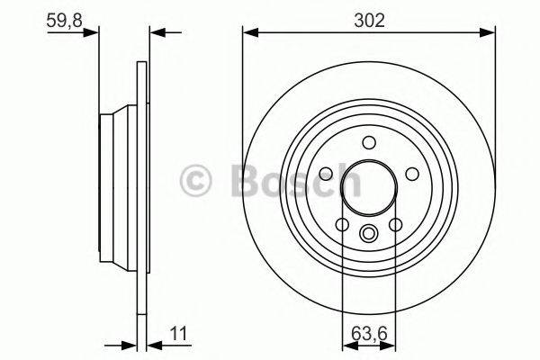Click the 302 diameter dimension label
tap(369, 21)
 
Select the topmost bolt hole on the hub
tap(368, 141)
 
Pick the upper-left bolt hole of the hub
tap(327, 174)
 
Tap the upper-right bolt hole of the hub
tap(410, 174)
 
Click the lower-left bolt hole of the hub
tap(343, 223)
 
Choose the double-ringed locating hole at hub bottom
tap(368, 234)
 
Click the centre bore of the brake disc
tap(368, 186)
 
